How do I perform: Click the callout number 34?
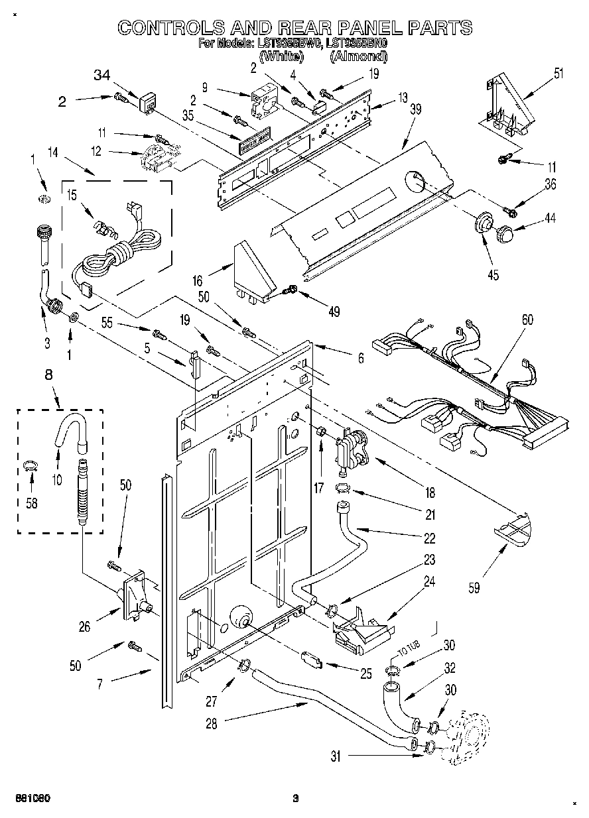point(101,76)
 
